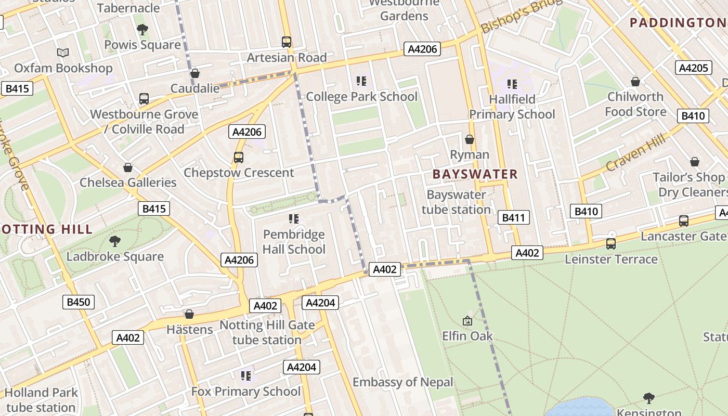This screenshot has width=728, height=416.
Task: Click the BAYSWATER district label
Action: [475, 174]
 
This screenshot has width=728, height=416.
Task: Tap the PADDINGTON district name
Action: [678, 22]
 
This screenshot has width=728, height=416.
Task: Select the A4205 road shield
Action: [694, 68]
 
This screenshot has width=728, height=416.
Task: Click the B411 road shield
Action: [513, 217]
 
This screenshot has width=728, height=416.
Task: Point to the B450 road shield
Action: [79, 302]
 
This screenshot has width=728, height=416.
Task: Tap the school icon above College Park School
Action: [361, 81]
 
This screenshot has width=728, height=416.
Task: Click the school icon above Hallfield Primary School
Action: [512, 84]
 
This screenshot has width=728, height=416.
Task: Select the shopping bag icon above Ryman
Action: [470, 139]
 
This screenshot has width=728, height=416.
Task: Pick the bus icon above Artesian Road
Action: [287, 42]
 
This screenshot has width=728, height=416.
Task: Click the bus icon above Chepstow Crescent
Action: [239, 157]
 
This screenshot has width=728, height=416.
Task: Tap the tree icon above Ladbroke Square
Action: [115, 241]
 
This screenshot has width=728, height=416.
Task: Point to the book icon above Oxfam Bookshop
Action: [63, 53]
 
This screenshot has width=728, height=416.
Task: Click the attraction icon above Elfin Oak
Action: [467, 321]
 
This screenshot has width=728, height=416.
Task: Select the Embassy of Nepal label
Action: [403, 382]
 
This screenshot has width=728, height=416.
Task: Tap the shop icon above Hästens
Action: [189, 314]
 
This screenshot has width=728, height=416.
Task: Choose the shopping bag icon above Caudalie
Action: [195, 73]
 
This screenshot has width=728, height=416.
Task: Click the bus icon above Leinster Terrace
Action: [611, 243]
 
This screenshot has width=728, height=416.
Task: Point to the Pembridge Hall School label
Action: [294, 242]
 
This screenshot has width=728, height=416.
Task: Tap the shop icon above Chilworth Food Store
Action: [635, 82]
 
